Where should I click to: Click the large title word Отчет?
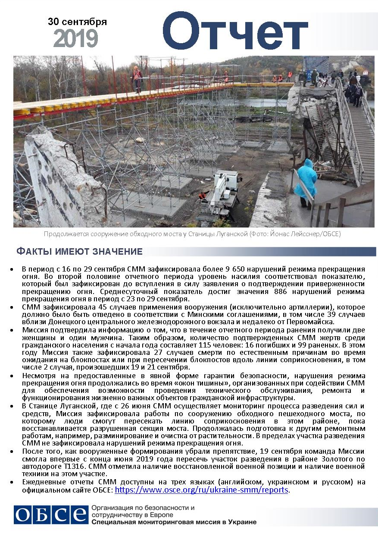234,31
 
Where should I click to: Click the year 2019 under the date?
76,39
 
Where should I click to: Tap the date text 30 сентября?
77,22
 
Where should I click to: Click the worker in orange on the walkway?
137,78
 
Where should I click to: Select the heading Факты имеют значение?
79,252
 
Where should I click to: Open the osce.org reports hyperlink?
202,490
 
